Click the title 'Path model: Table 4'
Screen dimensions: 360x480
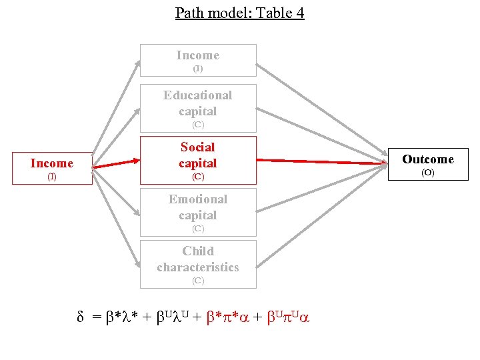[239, 13]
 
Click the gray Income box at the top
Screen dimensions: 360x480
[198, 61]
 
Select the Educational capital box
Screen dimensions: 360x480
[198, 108]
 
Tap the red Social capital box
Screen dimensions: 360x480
[198, 160]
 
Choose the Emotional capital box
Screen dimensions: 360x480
[198, 212]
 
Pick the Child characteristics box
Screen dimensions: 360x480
[198, 264]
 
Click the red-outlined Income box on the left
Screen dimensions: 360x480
[52, 168]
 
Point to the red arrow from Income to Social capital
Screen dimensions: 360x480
[117, 163]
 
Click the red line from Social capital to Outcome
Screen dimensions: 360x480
[320, 161]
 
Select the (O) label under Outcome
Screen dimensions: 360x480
[427, 173]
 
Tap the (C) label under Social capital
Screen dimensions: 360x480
[198, 177]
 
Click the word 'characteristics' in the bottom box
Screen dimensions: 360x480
[198, 267]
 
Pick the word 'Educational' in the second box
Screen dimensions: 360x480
[198, 95]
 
